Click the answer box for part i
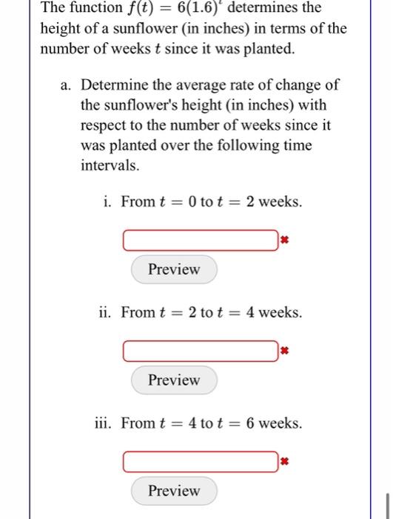200,240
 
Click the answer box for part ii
200,351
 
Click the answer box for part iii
200,462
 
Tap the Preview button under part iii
174,491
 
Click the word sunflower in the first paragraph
138,29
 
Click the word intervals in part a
109,165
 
